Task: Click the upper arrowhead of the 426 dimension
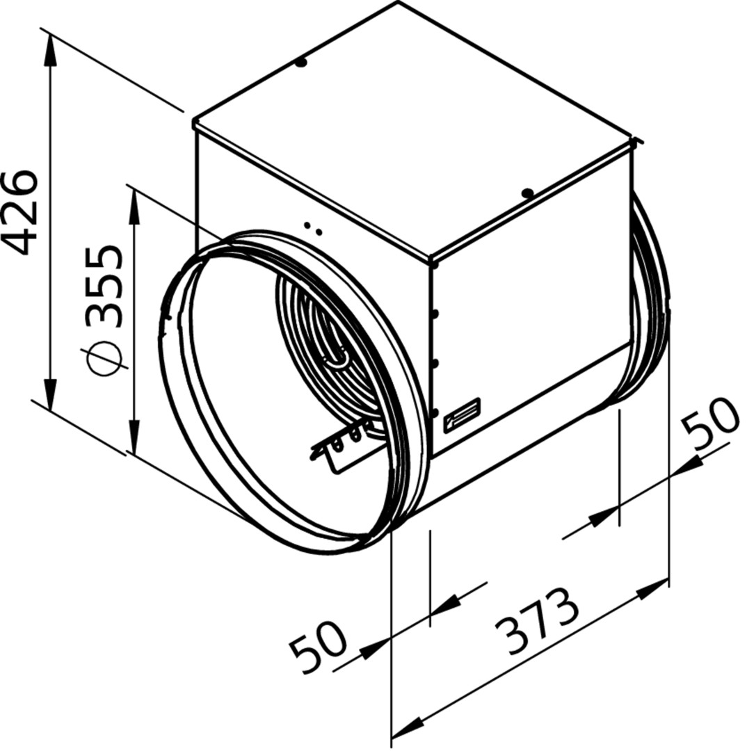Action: (x=50, y=51)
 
